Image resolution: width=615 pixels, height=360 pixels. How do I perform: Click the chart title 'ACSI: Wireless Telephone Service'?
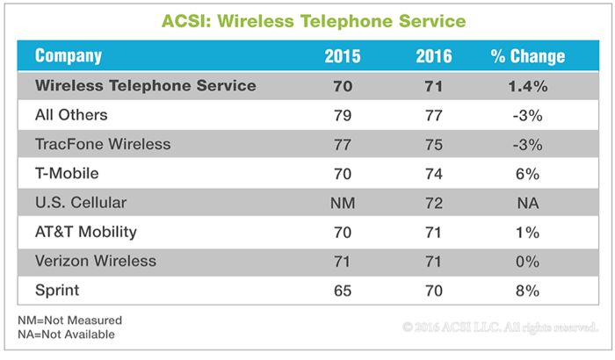tap(314, 21)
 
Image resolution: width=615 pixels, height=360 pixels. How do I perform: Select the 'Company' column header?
tap(69, 56)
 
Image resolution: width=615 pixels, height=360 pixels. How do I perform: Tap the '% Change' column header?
tap(528, 56)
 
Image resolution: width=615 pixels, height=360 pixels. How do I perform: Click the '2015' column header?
tap(343, 56)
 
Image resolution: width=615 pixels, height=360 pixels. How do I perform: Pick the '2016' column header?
tap(434, 56)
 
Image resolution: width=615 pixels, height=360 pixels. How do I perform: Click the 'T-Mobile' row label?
tap(67, 173)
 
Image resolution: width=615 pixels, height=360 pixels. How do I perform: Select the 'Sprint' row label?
tap(57, 291)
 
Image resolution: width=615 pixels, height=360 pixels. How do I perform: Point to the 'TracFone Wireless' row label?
tap(103, 144)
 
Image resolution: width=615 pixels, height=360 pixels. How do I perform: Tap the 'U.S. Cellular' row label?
tap(81, 203)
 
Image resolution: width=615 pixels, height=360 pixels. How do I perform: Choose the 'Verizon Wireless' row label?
tap(96, 261)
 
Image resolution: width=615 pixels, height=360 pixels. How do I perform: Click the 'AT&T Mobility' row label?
tap(86, 232)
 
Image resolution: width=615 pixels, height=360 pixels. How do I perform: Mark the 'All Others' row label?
tap(71, 115)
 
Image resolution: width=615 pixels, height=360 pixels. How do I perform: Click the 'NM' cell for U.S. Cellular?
tap(343, 203)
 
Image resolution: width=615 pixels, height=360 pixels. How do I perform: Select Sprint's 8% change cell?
tap(527, 291)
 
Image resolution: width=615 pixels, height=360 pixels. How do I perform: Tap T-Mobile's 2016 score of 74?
tap(434, 174)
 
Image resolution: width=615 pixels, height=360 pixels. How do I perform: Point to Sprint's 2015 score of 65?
tap(343, 291)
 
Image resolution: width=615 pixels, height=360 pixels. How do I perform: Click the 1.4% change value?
tap(528, 86)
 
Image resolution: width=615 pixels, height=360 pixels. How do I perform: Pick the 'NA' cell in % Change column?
tap(528, 203)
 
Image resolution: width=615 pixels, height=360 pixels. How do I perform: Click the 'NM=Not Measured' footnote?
tap(69, 320)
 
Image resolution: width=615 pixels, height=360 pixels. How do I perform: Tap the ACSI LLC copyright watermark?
tap(500, 327)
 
